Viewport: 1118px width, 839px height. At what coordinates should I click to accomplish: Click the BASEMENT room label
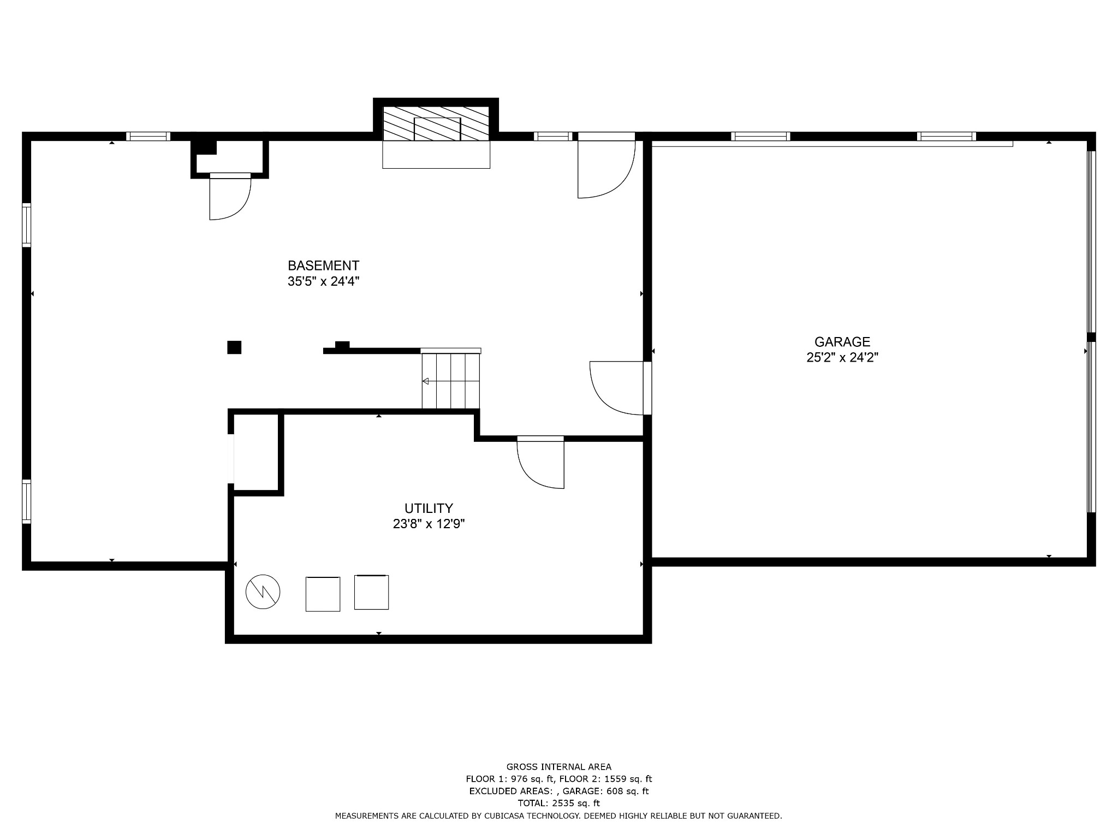point(323,265)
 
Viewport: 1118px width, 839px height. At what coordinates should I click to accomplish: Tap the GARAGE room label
point(842,342)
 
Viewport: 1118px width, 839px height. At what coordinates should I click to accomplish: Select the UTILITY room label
point(429,509)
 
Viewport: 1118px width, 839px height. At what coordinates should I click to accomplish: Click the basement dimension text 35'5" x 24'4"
point(323,282)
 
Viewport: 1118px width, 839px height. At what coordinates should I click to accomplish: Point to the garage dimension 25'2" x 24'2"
point(842,358)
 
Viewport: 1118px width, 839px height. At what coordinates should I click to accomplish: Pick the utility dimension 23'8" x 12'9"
point(429,524)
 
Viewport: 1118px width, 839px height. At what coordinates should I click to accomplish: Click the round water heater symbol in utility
point(263,592)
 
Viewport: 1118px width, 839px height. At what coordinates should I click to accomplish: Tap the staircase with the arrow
point(450,381)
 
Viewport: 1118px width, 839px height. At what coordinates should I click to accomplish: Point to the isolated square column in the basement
point(234,347)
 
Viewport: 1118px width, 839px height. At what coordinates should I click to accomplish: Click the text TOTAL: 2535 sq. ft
point(558,803)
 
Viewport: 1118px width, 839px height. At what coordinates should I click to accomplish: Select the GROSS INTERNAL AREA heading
point(558,767)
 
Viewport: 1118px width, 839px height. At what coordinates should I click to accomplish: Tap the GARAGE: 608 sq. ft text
point(605,791)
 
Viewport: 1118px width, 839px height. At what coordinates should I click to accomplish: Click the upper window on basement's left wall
point(26,225)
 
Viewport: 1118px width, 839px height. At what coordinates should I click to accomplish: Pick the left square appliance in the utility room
point(323,594)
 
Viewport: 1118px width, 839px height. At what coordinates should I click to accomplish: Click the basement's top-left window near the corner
point(148,137)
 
